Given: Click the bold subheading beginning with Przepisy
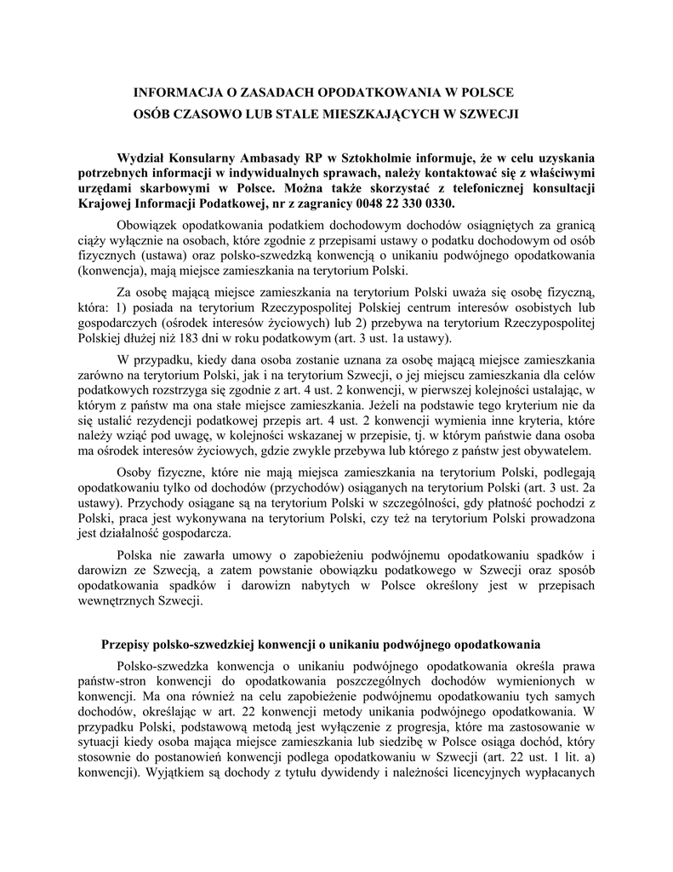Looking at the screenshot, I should point(321,645).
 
